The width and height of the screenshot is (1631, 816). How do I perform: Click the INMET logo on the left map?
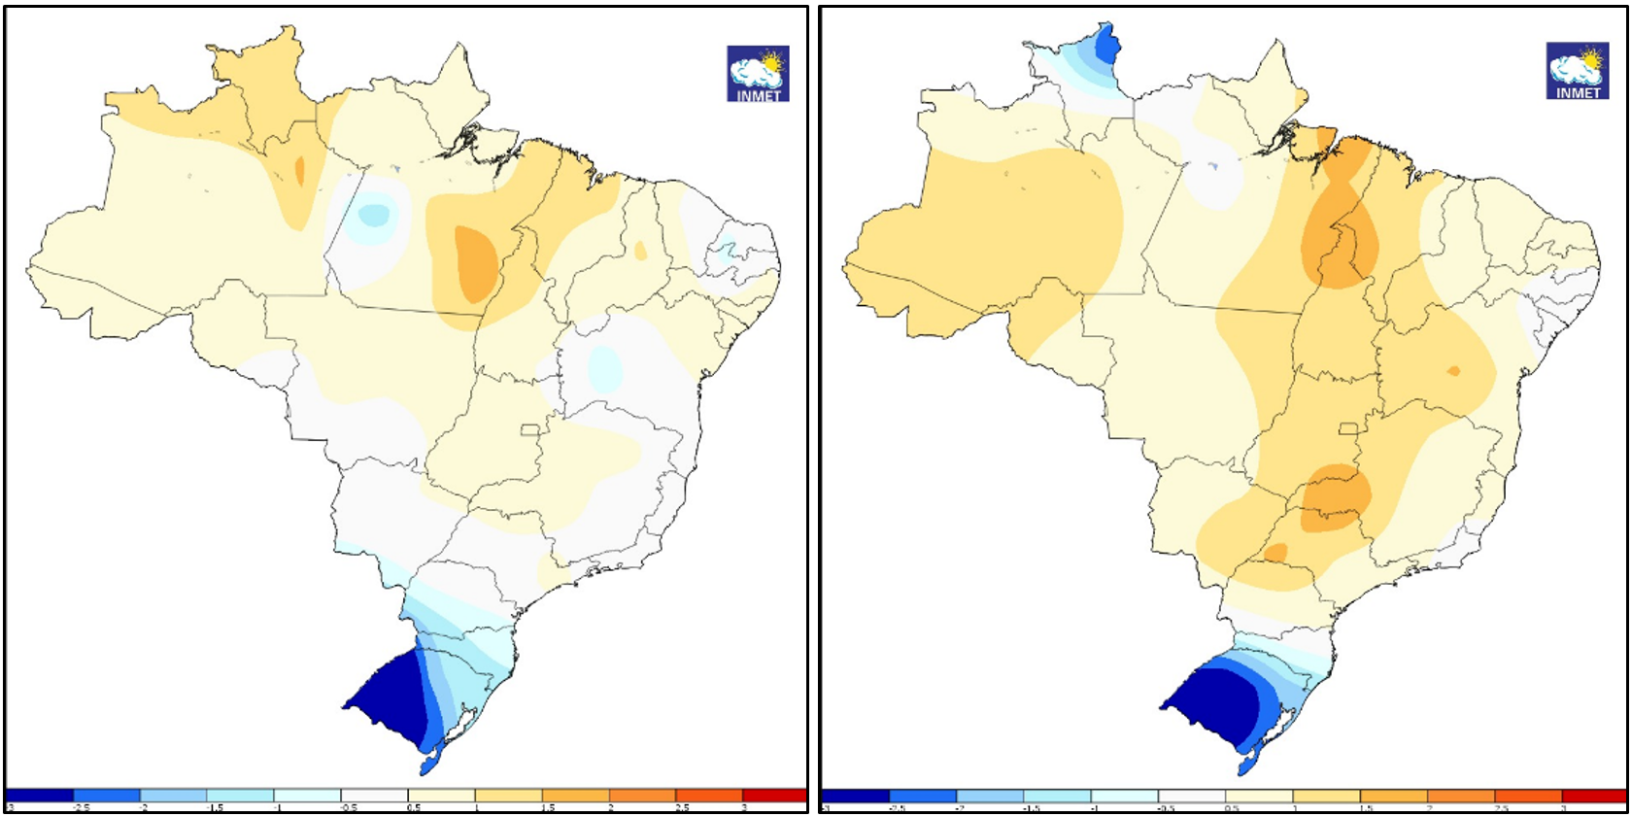pyautogui.click(x=758, y=74)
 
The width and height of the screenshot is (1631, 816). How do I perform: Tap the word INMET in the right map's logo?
pyautogui.click(x=1578, y=93)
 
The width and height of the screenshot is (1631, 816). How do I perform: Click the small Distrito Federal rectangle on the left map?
pyautogui.click(x=530, y=430)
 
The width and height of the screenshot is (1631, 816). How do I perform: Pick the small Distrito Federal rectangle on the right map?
pyautogui.click(x=1348, y=429)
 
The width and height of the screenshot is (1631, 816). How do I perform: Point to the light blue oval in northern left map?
pyautogui.click(x=373, y=212)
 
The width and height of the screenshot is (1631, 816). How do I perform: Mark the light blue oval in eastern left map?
pyautogui.click(x=604, y=367)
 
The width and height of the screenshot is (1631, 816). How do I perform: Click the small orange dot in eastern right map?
pyautogui.click(x=1453, y=370)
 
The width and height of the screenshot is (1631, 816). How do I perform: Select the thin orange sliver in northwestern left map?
pyautogui.click(x=300, y=172)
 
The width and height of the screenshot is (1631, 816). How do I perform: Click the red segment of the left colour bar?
pyautogui.click(x=773, y=796)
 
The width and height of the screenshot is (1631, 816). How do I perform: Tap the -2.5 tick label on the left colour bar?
pyautogui.click(x=75, y=808)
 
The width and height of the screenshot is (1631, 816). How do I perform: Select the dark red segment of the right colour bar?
pyautogui.click(x=1594, y=797)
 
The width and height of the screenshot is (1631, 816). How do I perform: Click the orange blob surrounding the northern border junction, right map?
pyautogui.click(x=1340, y=243)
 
